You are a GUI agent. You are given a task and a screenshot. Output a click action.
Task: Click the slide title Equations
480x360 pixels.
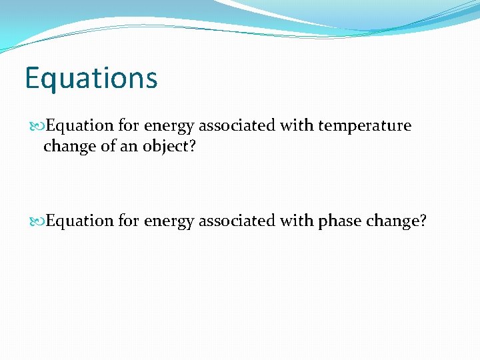tap(91, 78)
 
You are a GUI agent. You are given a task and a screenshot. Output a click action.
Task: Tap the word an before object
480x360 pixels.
tap(129, 146)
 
